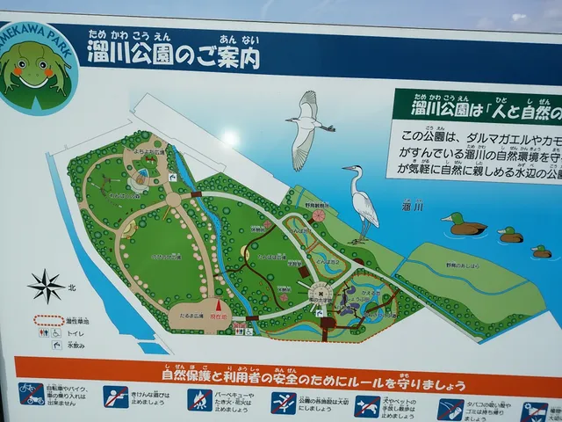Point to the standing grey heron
pos(362,200)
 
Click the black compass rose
pos(46,286)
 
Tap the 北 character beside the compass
pos(75,286)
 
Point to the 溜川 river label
pos(414,207)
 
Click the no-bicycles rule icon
pos(32,393)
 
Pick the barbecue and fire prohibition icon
pos(199,399)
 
